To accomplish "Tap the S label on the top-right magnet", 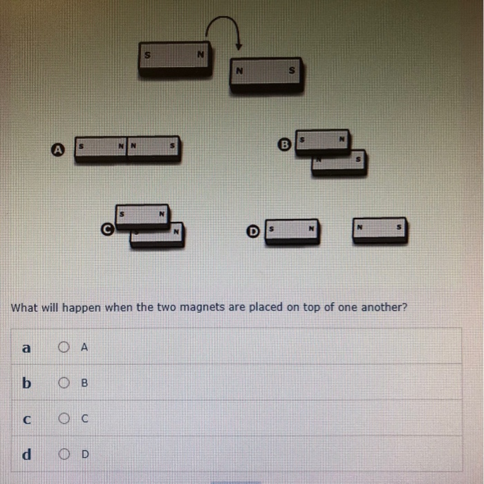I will [x=291, y=70].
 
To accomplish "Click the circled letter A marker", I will [x=59, y=149].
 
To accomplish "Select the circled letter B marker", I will [x=283, y=144].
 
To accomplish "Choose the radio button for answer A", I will [x=64, y=348].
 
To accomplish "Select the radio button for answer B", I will [x=64, y=383].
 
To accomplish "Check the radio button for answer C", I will [x=64, y=418].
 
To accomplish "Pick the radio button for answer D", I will [x=64, y=454].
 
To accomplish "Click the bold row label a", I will [x=26, y=348].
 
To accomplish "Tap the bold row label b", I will [x=26, y=383].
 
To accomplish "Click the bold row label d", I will [x=26, y=454].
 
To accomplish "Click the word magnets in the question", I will [x=201, y=308].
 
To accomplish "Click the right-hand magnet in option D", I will [x=379, y=230].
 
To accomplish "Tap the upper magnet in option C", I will [x=142, y=216].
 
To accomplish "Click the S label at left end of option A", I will [x=82, y=147].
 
